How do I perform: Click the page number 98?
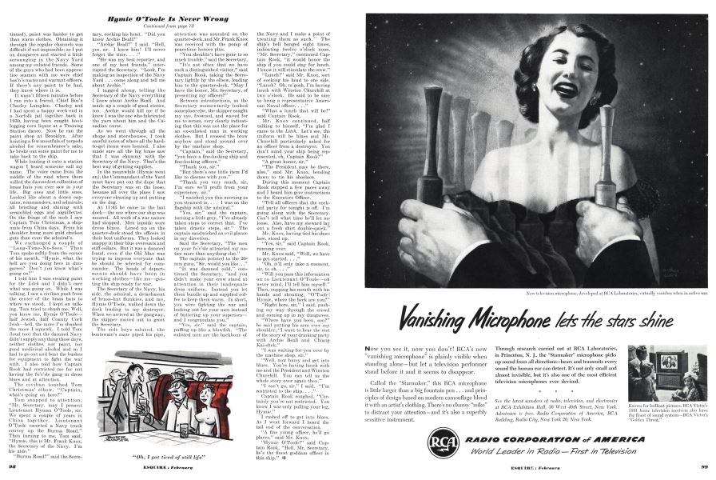(10, 466)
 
